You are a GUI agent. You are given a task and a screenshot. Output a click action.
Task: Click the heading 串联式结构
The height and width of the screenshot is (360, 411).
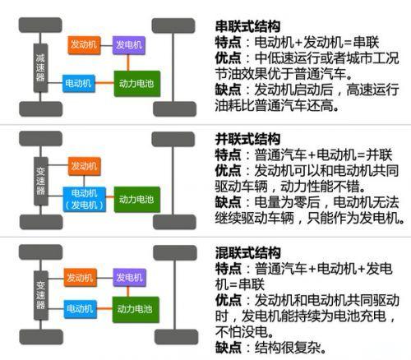247,26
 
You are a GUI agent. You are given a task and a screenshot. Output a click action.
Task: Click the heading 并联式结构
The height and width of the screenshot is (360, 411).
247,139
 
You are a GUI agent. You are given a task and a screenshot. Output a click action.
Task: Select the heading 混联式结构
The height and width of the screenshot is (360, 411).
247,252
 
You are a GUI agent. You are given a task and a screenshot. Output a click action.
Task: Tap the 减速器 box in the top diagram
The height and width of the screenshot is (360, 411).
40,67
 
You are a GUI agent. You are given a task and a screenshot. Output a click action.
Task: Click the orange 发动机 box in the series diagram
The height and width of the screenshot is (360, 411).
84,45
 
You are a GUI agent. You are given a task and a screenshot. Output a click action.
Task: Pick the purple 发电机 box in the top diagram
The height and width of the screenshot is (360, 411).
129,45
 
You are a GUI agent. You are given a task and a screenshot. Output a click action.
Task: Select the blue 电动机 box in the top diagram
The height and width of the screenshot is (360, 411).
79,83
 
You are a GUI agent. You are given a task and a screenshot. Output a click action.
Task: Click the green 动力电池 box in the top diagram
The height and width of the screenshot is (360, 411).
137,84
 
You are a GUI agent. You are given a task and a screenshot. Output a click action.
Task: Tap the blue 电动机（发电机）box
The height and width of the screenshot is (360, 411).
85,199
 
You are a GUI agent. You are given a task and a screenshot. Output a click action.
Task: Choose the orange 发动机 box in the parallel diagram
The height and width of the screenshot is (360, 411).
85,166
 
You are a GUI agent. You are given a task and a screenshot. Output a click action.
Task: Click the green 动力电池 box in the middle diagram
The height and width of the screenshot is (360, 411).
137,200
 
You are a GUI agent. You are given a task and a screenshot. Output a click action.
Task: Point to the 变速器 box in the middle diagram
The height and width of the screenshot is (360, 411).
41,181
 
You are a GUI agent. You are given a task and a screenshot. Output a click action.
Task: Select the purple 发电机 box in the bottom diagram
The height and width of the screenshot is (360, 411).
129,278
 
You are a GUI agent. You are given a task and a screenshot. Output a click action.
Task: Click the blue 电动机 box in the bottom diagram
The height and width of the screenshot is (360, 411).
81,309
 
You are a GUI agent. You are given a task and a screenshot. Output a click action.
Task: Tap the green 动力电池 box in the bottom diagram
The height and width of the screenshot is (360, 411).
136,310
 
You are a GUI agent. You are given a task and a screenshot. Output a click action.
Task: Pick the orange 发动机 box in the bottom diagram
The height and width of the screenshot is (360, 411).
81,278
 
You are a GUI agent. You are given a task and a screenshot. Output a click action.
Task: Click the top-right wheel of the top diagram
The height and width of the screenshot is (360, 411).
173,25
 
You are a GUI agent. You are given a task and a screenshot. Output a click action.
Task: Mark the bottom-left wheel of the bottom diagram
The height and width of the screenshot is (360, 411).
41,337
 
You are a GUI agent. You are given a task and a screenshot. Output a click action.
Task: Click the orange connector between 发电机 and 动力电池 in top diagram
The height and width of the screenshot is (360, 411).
128,62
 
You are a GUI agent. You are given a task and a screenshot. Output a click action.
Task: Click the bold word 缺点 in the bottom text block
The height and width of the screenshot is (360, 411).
228,348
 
